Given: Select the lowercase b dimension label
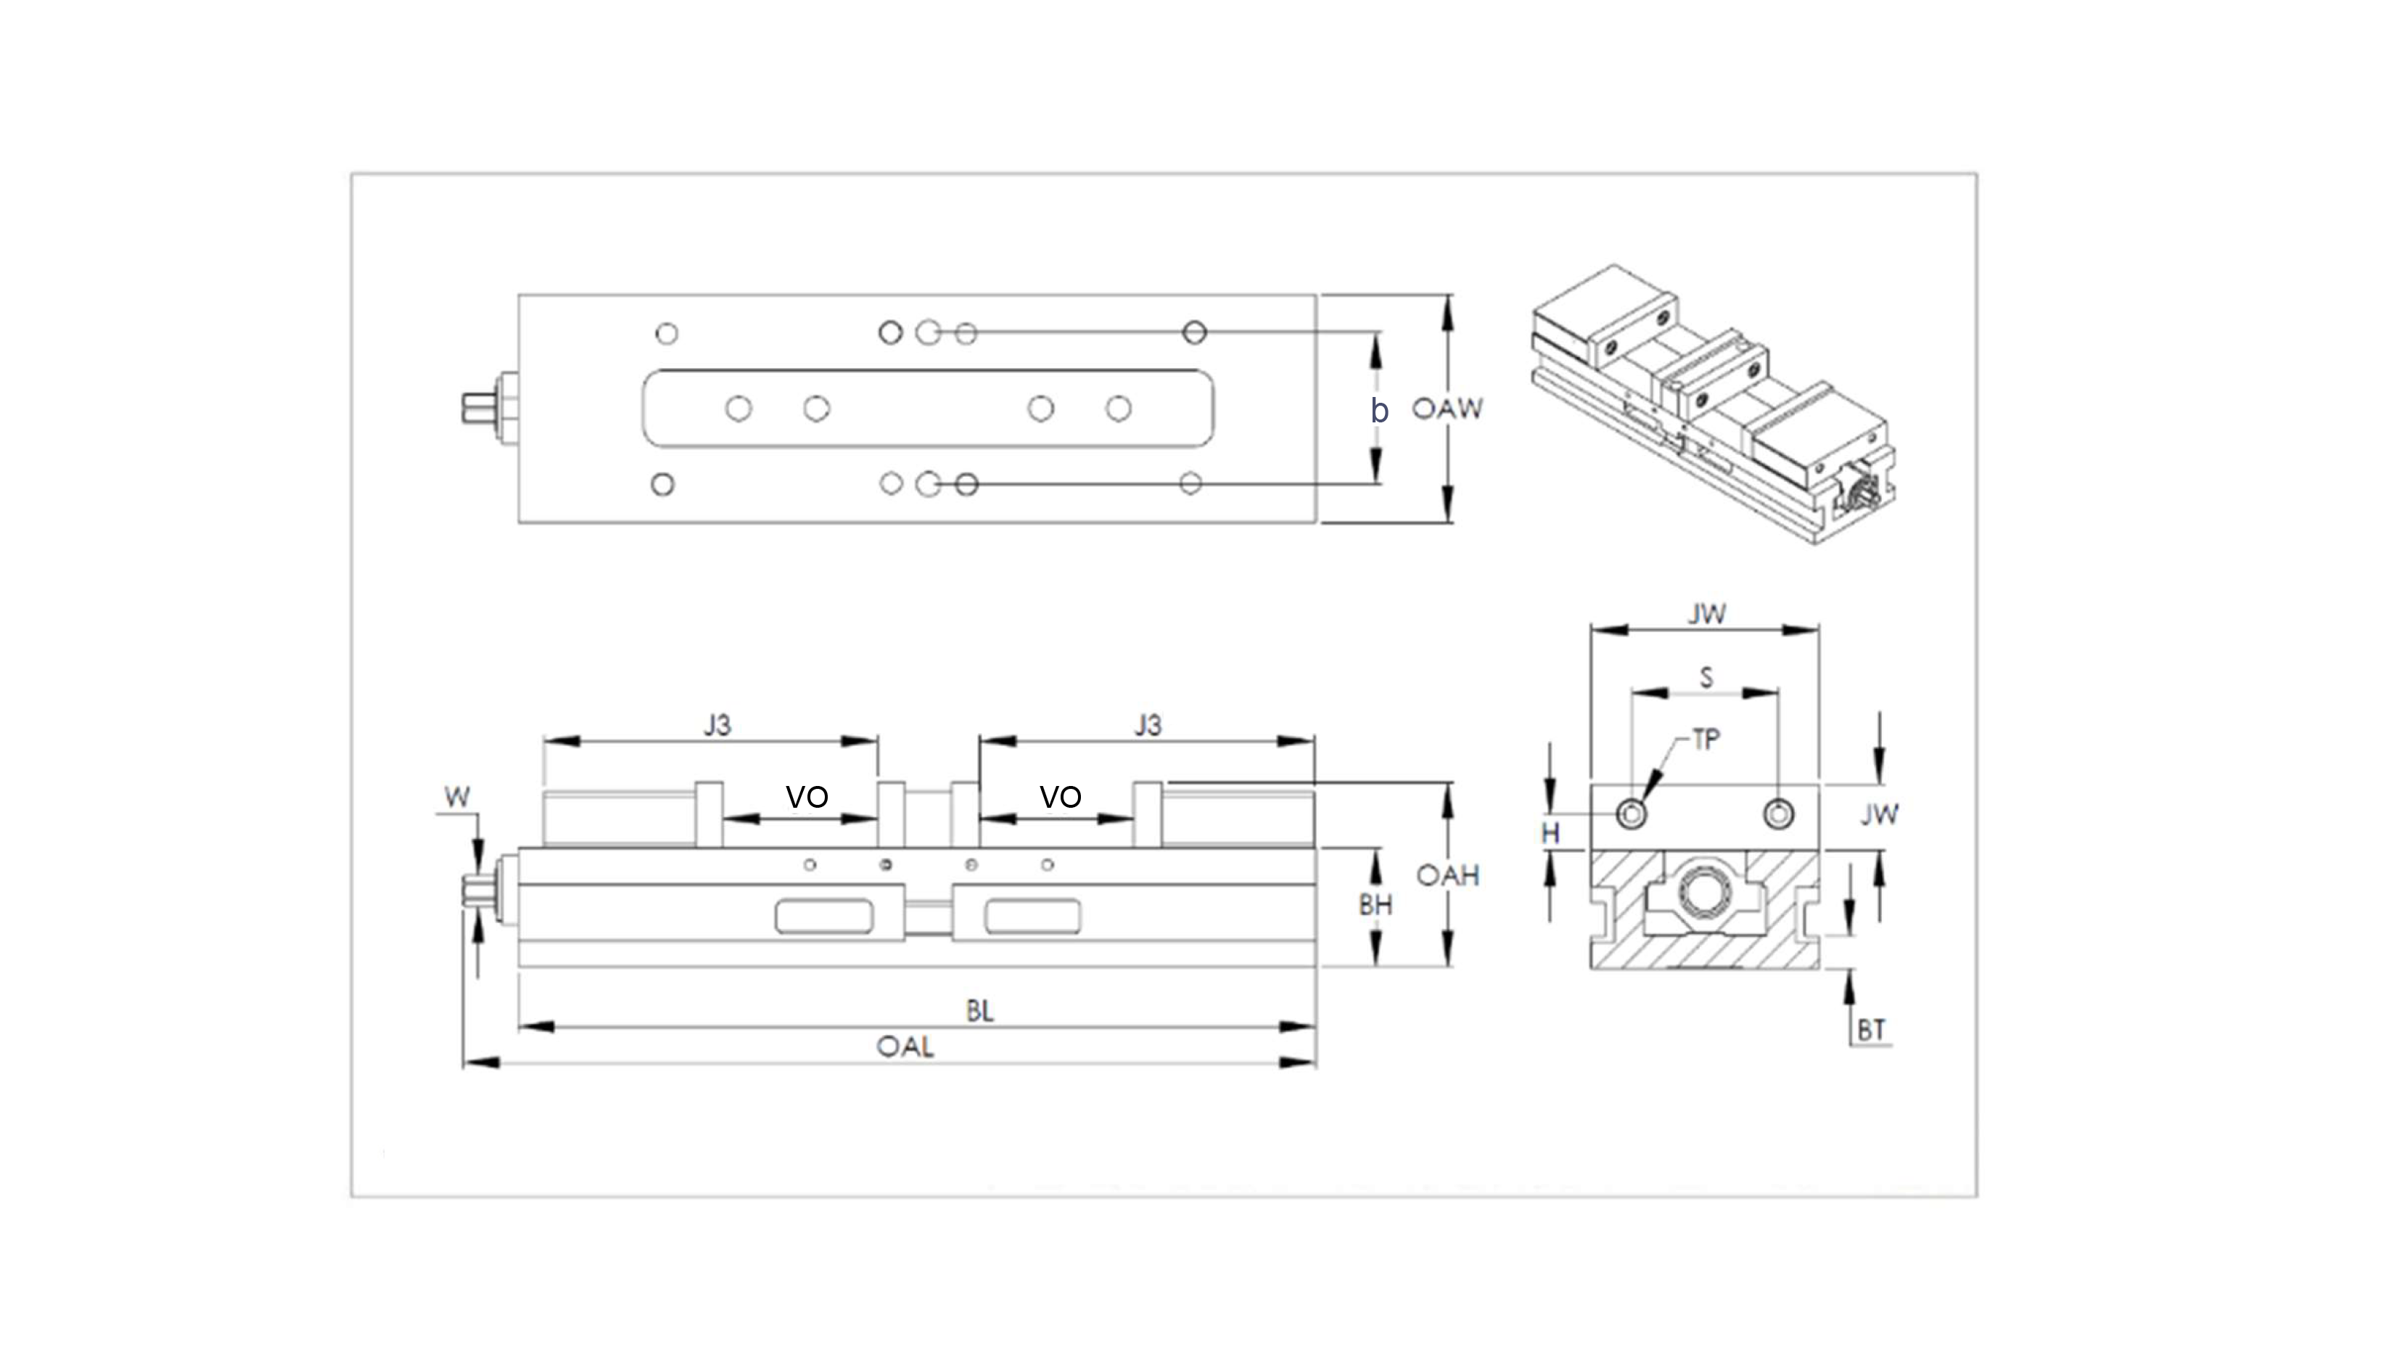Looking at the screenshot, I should click(1379, 410).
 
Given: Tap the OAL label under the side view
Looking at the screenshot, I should click(905, 1047).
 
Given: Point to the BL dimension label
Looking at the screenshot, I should click(979, 1010).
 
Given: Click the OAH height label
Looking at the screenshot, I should click(1447, 875).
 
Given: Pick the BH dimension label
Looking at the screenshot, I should click(1375, 904).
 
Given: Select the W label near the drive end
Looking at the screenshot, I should click(457, 797).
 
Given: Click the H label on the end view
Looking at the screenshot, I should click(1550, 833).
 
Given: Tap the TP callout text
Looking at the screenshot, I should click(1706, 740).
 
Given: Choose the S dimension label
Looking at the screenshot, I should click(1706, 678).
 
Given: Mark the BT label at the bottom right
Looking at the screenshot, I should click(1871, 1030).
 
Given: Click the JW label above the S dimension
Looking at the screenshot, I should click(1706, 613).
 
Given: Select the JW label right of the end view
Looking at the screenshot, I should click(1879, 814).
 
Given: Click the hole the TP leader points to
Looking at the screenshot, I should click(1632, 814).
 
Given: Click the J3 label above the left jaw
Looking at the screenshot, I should click(717, 725).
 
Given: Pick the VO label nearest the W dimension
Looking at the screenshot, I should click(807, 797).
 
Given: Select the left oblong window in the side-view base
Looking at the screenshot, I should click(823, 916).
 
